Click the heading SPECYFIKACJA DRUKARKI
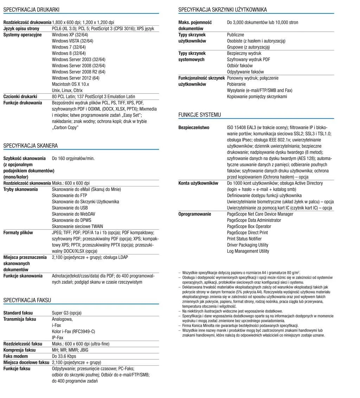click(x=31, y=10)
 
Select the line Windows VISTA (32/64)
click(x=72, y=41)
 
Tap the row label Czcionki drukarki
click(x=20, y=96)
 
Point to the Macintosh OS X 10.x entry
click(x=70, y=84)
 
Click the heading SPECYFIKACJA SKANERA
click(x=31, y=146)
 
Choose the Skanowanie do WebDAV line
click(x=73, y=214)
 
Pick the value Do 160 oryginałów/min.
click(x=73, y=158)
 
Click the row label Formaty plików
click(x=18, y=233)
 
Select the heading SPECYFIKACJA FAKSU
click(x=27, y=300)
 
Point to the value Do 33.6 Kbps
click(x=64, y=356)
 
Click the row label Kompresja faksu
click(x=20, y=350)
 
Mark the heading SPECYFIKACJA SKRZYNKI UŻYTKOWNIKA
click(x=223, y=10)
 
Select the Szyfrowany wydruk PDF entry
click(x=249, y=59)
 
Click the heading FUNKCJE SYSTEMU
click(x=200, y=115)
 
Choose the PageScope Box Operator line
click(x=249, y=226)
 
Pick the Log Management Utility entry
click(x=248, y=251)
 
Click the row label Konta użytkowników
click(x=198, y=183)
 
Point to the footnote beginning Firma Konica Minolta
click(x=240, y=326)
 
